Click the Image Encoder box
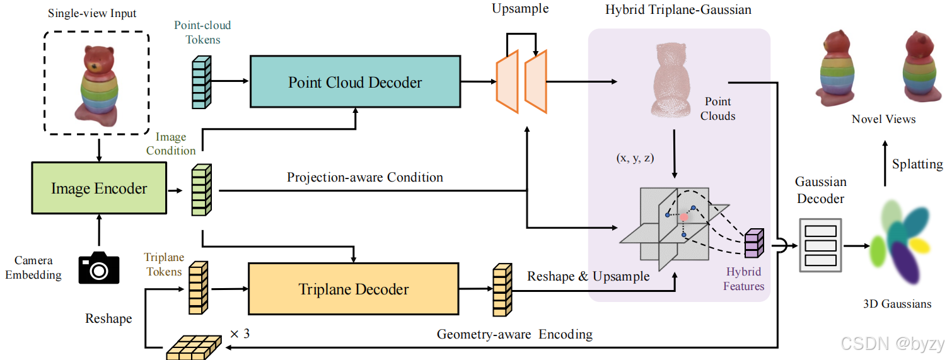(x=98, y=189)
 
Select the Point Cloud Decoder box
(x=354, y=82)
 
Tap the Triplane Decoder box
(x=353, y=289)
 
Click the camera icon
(x=98, y=268)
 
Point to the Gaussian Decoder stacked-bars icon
(x=820, y=245)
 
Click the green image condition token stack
(x=201, y=189)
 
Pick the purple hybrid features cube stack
(x=754, y=243)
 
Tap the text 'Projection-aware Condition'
(x=364, y=177)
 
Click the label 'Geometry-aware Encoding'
(x=514, y=334)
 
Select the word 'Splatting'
(x=917, y=165)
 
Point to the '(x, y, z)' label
(x=636, y=158)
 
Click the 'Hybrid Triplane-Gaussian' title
(x=678, y=11)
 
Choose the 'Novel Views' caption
(x=883, y=119)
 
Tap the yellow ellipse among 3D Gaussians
(x=919, y=246)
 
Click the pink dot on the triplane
(x=684, y=217)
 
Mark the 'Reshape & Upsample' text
(x=588, y=276)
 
